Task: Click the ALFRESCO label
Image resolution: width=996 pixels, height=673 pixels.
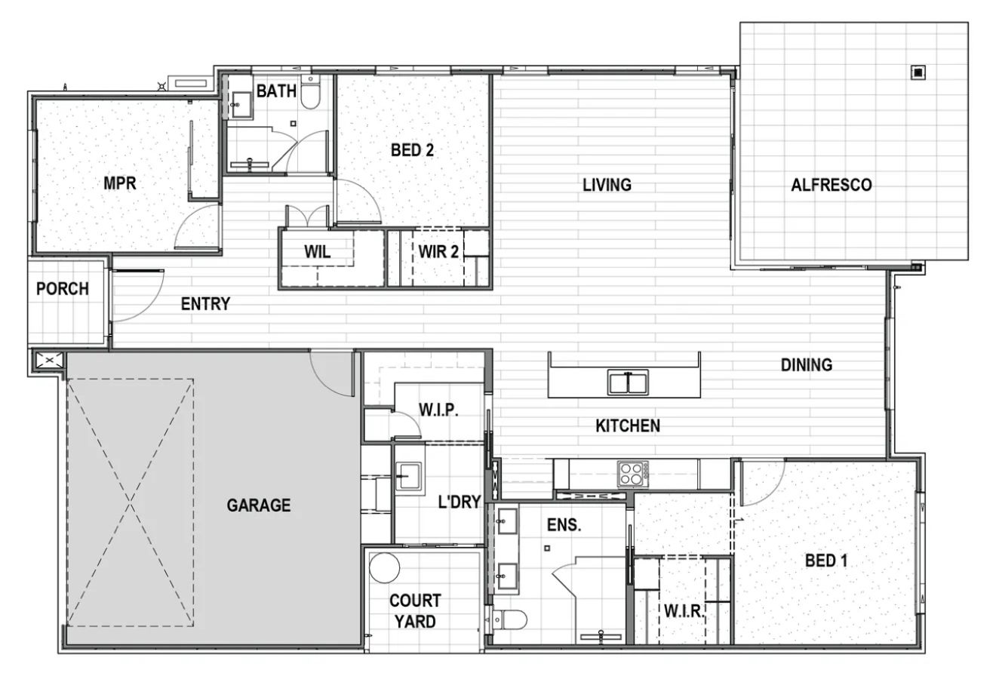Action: pos(831,185)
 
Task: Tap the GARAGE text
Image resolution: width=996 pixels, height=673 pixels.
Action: pos(259,505)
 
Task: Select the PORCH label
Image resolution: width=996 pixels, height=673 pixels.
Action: pos(63,289)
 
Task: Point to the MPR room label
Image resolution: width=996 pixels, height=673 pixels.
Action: pos(120,183)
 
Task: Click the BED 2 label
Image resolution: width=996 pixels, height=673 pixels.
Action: pos(412,150)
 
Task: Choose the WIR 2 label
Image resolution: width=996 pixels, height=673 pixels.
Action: pos(438,252)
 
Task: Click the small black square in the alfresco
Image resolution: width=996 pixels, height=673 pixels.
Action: pos(918,73)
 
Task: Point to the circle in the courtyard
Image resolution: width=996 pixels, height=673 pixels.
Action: pos(385,567)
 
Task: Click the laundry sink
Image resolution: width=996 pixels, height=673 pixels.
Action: pos(409,477)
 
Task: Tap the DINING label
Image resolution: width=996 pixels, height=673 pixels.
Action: pos(806,365)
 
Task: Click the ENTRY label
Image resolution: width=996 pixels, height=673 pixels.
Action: pos(205,304)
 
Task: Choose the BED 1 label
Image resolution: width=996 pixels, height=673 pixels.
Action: pos(825,561)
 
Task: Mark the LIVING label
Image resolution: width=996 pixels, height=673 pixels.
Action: pos(607,185)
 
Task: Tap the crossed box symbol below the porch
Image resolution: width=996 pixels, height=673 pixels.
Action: pos(49,361)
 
